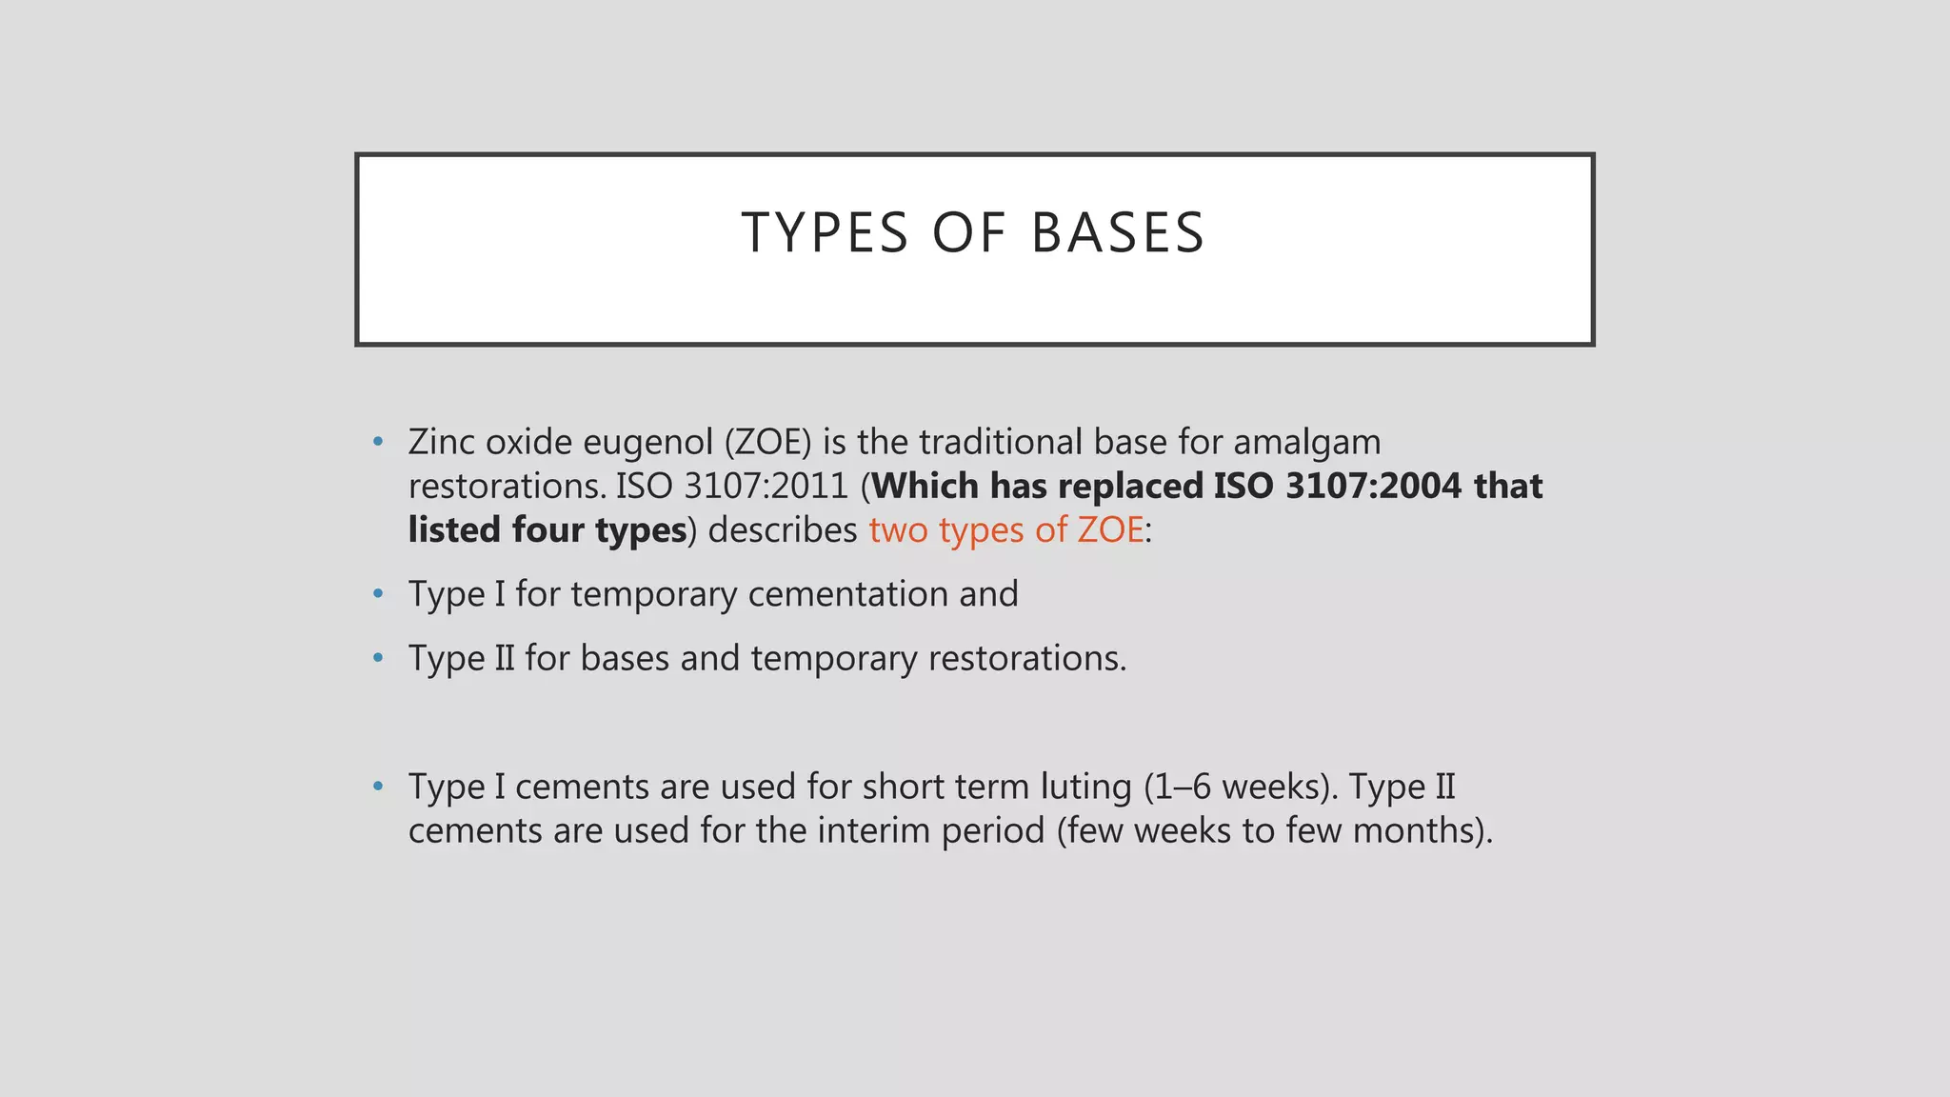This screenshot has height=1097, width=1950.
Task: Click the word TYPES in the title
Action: (825, 233)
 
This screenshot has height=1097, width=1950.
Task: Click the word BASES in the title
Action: (1118, 233)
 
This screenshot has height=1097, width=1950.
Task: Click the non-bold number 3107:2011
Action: (766, 486)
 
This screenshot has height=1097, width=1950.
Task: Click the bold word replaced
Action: (1131, 486)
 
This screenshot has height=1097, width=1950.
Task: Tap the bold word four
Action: (548, 529)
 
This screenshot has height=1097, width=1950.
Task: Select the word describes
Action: (783, 529)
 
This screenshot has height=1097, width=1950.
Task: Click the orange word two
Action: (898, 529)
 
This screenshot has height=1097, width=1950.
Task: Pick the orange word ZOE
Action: (1110, 529)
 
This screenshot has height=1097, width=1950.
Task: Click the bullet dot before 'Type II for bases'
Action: (379, 658)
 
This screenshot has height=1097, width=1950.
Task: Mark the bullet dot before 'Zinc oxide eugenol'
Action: (379, 442)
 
